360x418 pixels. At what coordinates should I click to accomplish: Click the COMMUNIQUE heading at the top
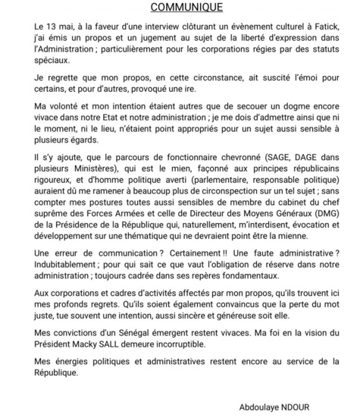(x=180, y=8)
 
